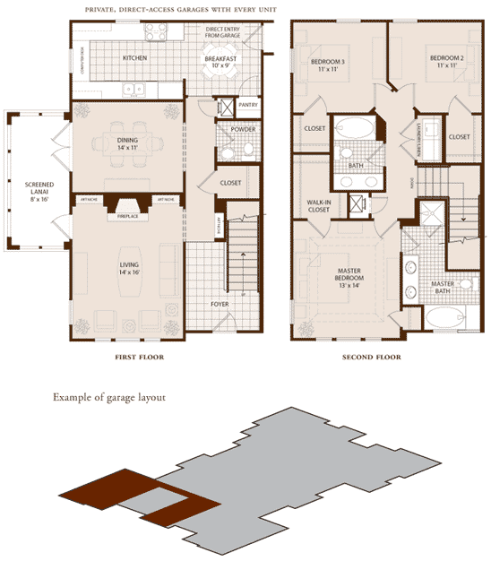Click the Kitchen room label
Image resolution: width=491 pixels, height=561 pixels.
pos(134,59)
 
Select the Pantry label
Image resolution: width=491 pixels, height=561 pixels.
pos(248,105)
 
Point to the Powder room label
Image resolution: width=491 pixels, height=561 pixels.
pos(243,129)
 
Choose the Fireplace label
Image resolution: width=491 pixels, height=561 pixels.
pos(127,216)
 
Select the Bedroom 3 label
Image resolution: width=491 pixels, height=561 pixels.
pos(328,65)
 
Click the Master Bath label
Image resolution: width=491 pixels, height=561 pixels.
pos(444,288)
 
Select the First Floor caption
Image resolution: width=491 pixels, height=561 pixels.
pos(139,358)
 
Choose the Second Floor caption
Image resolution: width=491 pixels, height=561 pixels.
pos(371,358)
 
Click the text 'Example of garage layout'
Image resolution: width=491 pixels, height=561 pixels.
pos(116,397)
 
